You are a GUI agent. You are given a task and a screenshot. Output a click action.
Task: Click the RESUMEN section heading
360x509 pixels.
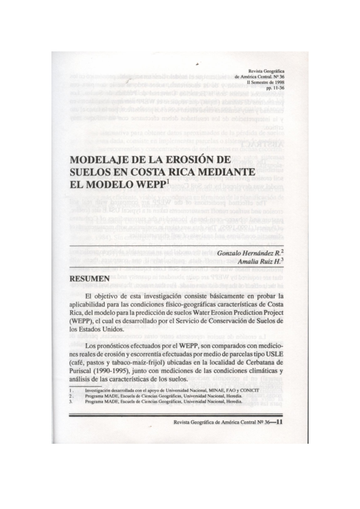point(90,279)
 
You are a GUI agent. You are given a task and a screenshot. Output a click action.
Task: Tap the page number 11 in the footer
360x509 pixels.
point(280,423)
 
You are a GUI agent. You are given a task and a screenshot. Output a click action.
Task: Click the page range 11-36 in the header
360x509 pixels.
point(277,89)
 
